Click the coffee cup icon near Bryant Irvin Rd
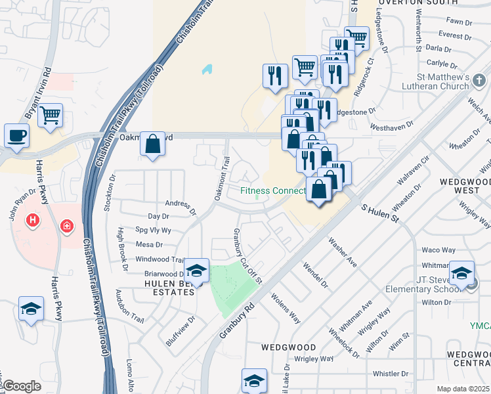tap(16, 136)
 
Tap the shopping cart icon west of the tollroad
tap(50, 116)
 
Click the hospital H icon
tap(31, 220)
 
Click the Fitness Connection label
tap(273, 191)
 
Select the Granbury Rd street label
tap(237, 320)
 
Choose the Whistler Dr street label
tap(391, 374)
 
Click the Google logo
tap(22, 386)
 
